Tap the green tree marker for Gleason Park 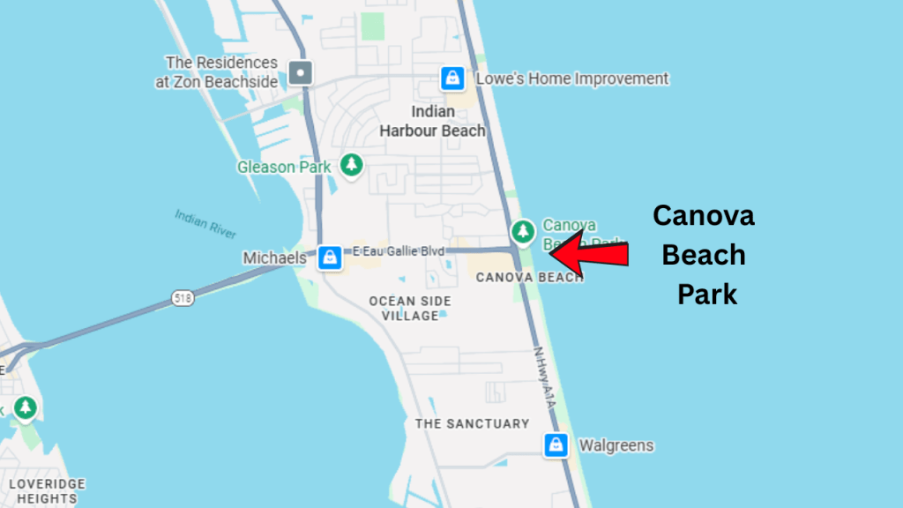pos(352,165)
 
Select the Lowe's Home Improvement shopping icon pos(452,78)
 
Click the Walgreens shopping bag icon pos(556,444)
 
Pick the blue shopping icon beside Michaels pos(330,258)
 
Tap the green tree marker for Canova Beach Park pos(524,231)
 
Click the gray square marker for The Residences pos(302,71)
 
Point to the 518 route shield pos(183,300)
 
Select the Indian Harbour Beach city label pos(432,121)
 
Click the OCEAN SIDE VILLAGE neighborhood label pos(410,308)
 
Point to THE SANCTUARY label pos(472,423)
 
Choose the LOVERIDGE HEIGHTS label pos(47,491)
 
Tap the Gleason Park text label pos(284,167)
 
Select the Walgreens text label pos(616,445)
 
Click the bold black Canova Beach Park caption pos(704,255)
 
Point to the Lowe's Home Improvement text pos(572,78)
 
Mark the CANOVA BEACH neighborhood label pos(529,277)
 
